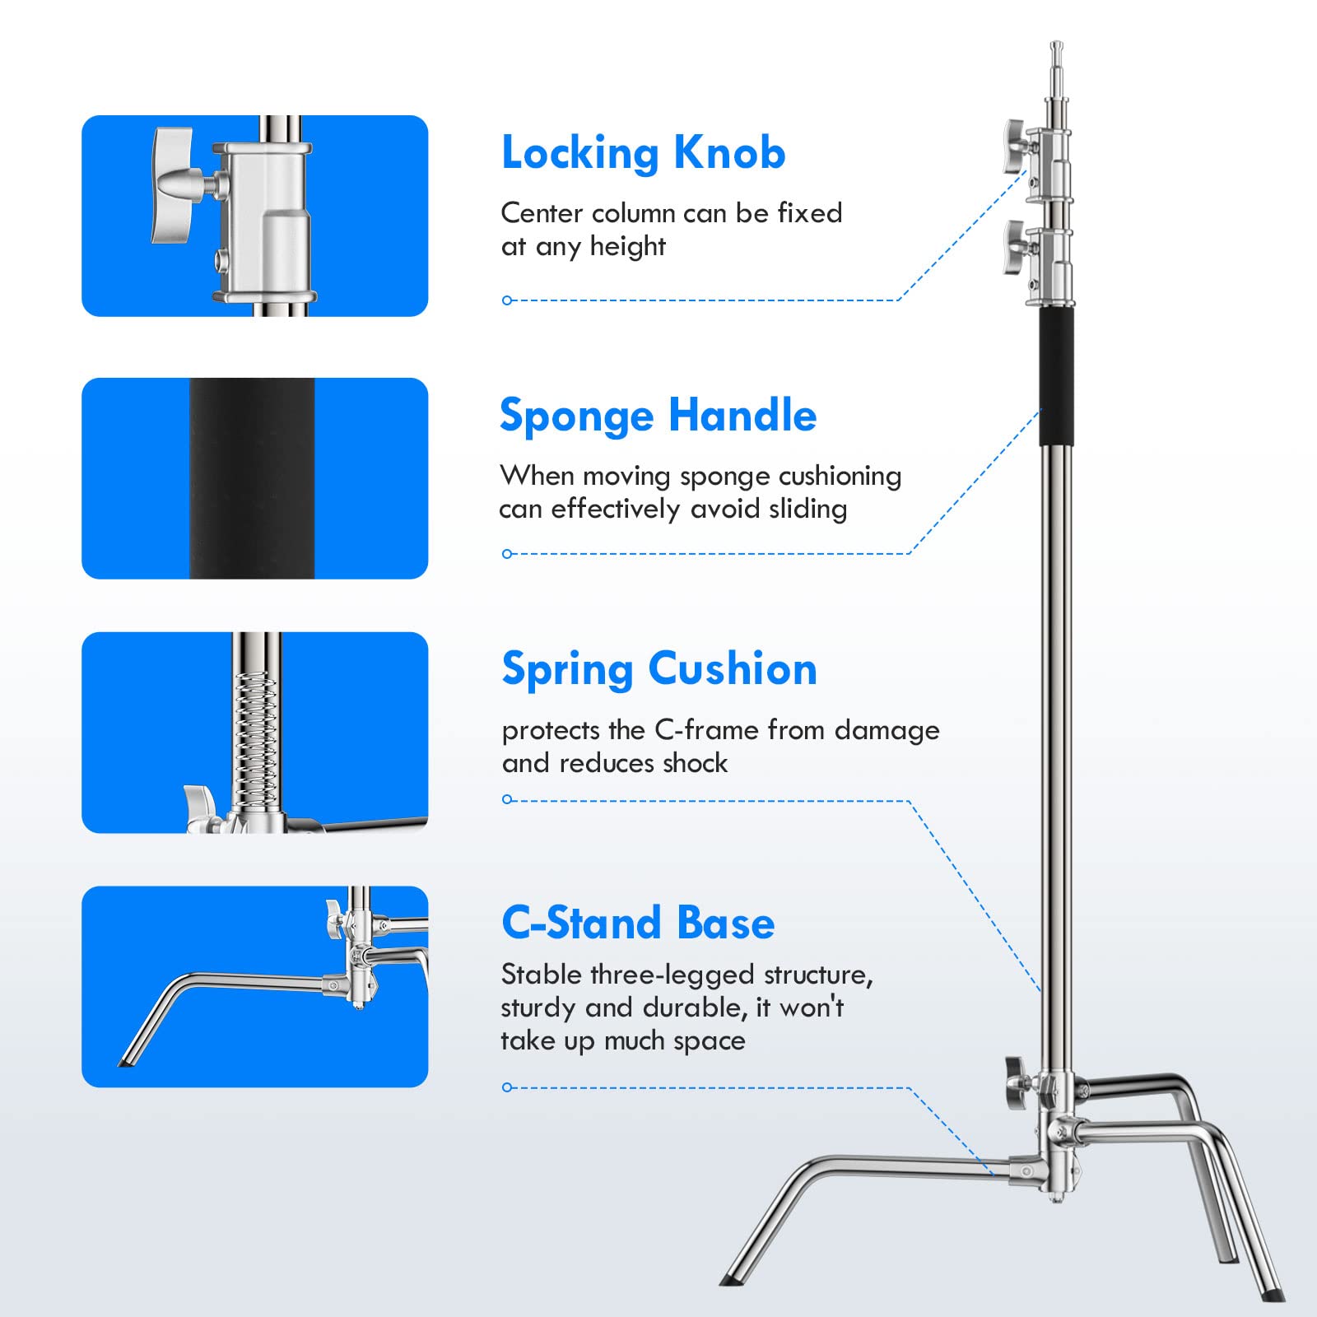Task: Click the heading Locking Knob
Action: [x=643, y=154]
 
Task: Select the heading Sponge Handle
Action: [x=658, y=416]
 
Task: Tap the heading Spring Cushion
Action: [x=659, y=669]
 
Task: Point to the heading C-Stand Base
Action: [x=638, y=923]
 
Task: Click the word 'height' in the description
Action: [x=627, y=246]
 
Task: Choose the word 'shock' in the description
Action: [x=695, y=763]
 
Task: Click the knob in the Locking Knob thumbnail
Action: [x=175, y=184]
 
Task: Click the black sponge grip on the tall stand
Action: [x=1057, y=376]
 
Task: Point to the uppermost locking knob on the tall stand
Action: [x=1014, y=146]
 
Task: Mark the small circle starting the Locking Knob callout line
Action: [x=507, y=300]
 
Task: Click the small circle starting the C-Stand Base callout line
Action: [x=507, y=1087]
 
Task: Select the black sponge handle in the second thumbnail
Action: [x=252, y=478]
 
